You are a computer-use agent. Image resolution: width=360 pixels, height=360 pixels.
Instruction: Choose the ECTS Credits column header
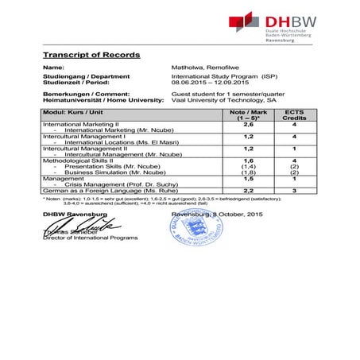[294, 115]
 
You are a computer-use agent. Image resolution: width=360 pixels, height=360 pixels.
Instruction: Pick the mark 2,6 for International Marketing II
[247, 125]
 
